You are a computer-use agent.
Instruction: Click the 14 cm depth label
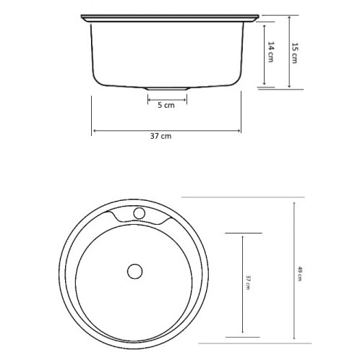(270, 53)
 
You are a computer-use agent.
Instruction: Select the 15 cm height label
(294, 53)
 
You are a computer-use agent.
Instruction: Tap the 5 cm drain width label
(166, 106)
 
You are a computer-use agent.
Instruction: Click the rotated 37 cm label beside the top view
(247, 283)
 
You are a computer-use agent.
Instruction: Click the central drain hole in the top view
(134, 270)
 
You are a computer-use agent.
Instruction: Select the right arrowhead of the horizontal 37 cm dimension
(240, 131)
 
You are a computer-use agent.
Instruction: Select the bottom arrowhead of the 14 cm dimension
(265, 85)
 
